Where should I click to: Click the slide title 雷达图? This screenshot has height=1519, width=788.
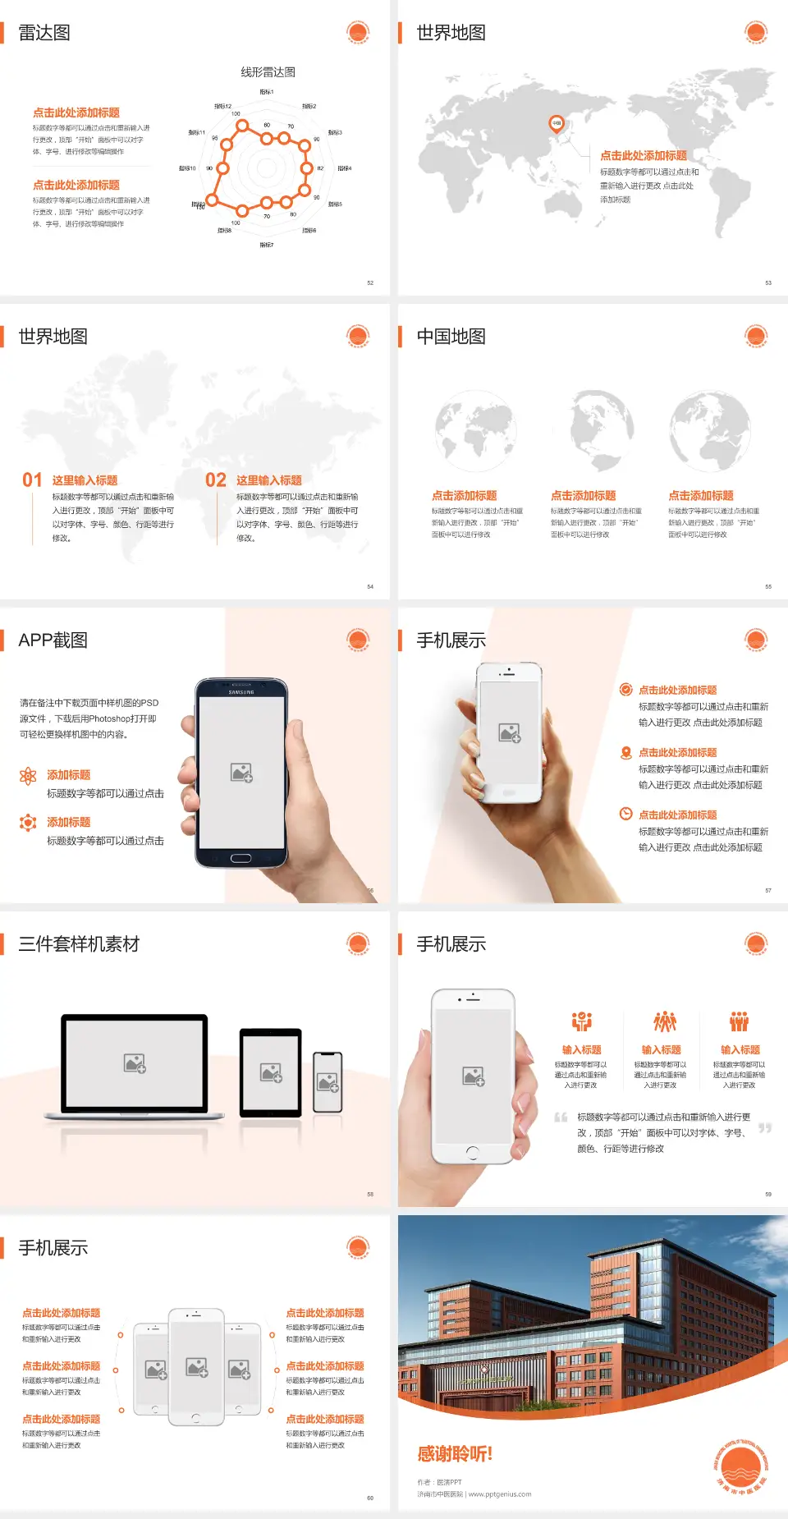click(x=44, y=33)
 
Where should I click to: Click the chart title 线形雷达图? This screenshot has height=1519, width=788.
click(x=268, y=72)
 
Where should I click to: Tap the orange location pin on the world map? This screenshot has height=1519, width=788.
click(x=556, y=124)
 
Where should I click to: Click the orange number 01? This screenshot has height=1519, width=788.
click(x=32, y=480)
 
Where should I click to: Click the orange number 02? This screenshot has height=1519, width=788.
click(x=216, y=480)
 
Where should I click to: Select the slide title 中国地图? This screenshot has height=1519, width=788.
click(x=451, y=337)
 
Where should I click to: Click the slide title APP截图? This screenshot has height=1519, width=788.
click(x=53, y=640)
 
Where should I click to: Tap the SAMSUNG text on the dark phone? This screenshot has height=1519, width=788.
click(x=241, y=692)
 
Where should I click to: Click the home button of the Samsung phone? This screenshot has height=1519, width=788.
click(x=241, y=858)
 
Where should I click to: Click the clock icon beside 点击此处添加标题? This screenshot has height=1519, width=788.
click(x=625, y=814)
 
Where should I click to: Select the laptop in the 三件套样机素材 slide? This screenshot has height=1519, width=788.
click(x=135, y=1065)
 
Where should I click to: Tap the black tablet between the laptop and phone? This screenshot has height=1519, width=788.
click(x=271, y=1072)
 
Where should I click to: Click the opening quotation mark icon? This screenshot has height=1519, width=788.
click(x=561, y=1117)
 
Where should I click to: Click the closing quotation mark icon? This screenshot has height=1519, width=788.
click(x=765, y=1128)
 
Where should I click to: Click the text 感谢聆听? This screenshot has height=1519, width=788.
click(x=455, y=1454)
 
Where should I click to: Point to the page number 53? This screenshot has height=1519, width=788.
click(x=768, y=282)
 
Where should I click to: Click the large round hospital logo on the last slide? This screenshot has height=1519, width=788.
click(x=741, y=1466)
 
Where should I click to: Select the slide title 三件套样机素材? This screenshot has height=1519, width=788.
click(x=79, y=944)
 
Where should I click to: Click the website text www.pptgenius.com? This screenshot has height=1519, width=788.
click(x=500, y=1494)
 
